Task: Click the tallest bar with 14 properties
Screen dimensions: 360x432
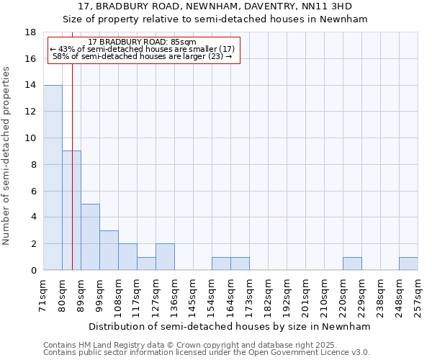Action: click(53, 178)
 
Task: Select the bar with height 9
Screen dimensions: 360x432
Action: click(71, 210)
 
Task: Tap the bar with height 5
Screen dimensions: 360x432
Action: click(90, 237)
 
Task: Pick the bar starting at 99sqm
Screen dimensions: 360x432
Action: click(109, 251)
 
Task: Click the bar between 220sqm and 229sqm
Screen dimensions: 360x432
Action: click(352, 264)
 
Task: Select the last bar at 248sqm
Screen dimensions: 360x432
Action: click(408, 264)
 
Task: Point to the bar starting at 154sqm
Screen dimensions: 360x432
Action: click(221, 264)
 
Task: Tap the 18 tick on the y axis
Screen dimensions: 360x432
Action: click(31, 32)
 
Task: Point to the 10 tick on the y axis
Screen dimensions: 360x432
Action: click(31, 138)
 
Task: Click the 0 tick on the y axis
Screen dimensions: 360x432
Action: click(33, 271)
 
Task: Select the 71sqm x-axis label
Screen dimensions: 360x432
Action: click(44, 294)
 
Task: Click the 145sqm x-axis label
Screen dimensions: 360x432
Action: click(194, 294)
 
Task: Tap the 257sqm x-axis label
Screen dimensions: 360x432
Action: click(418, 294)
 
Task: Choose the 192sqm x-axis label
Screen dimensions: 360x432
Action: click(287, 294)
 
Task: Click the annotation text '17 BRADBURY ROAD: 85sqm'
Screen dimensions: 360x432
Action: click(142, 42)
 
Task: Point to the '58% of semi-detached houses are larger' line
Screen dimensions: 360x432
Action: click(142, 56)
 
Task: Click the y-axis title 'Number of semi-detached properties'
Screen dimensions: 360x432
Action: click(7, 156)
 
